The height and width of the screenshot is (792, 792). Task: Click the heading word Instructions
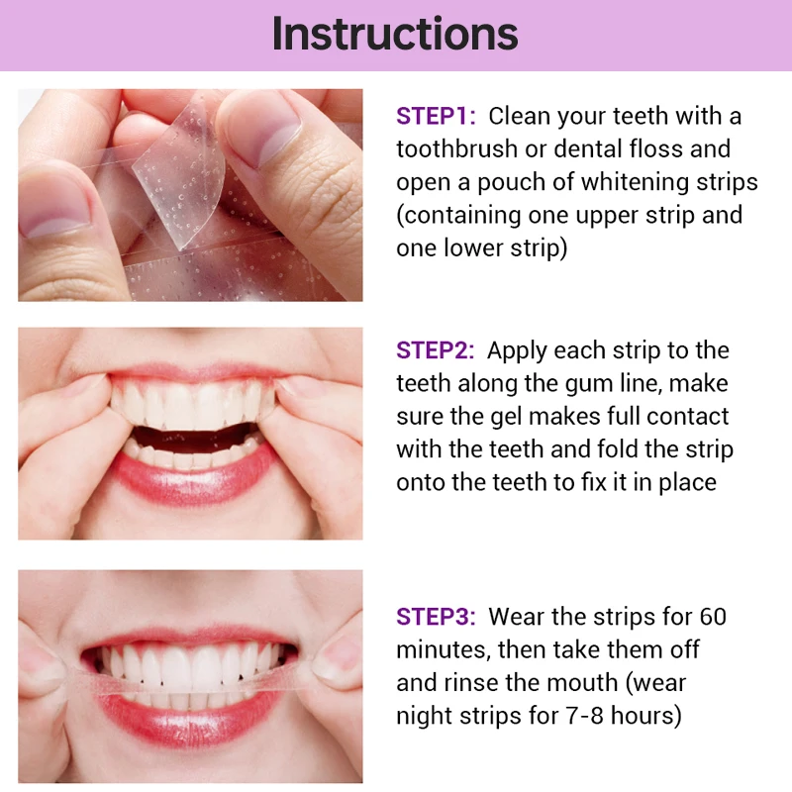(x=395, y=34)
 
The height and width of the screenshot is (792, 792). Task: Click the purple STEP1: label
(x=437, y=116)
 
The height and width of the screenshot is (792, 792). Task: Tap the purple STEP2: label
(x=437, y=350)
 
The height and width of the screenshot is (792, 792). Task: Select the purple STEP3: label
(x=437, y=617)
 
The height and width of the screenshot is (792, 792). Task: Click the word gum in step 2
(x=611, y=383)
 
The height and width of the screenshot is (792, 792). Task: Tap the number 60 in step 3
(x=710, y=617)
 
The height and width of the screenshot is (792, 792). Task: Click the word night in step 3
(x=427, y=716)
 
